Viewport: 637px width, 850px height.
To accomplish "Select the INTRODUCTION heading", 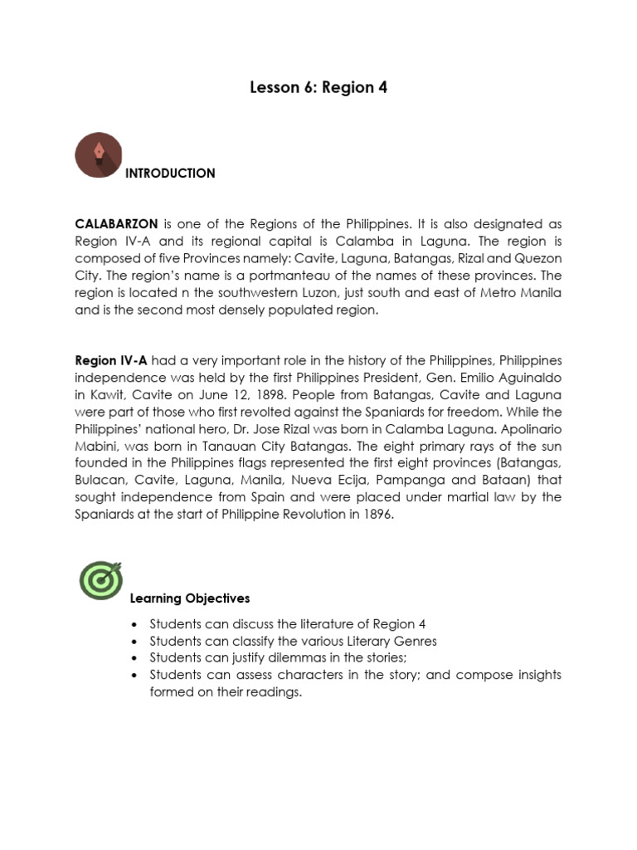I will pos(170,173).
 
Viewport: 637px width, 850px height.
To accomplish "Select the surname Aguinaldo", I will pos(529,378).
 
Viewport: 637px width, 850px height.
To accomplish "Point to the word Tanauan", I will pos(233,446).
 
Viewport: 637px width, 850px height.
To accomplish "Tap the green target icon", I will pos(100,580).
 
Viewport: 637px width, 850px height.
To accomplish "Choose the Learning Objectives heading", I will pos(190,598).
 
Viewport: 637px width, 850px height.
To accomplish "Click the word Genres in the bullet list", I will pos(411,641).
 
